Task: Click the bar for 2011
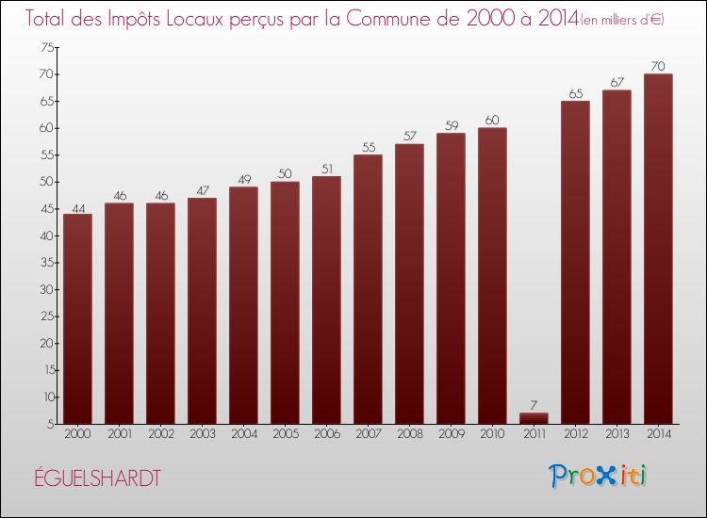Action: point(534,418)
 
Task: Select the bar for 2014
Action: point(658,249)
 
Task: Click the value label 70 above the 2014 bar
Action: point(658,67)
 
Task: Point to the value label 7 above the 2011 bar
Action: point(534,406)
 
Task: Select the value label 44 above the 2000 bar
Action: point(77,207)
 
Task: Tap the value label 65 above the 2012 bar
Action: point(575,94)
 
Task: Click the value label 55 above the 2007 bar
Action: point(368,148)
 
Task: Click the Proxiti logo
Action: point(599,476)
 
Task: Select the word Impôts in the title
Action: point(137,19)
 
